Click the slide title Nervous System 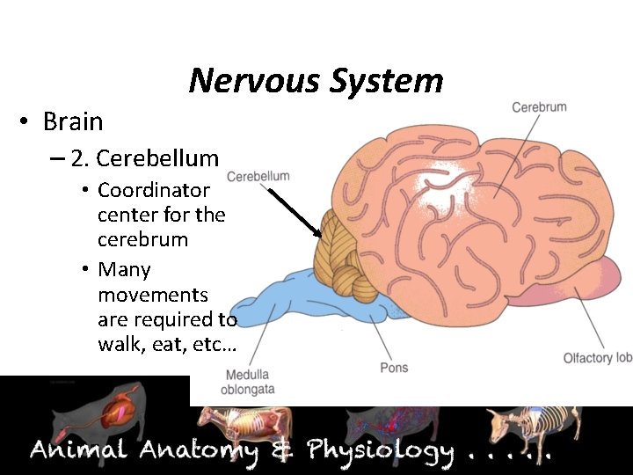coord(316,81)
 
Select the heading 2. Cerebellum coord(144,158)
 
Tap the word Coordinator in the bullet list coord(154,190)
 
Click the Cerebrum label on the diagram coord(539,107)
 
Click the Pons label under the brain coord(394,367)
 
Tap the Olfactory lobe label coord(598,357)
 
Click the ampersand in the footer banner coord(282,451)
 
